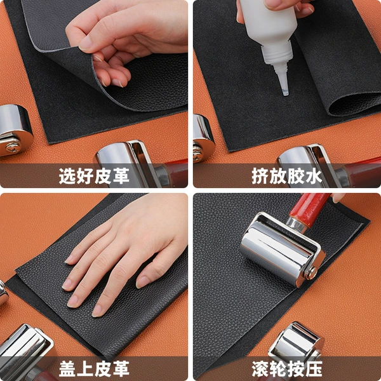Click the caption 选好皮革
tap(94, 176)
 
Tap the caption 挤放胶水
tap(287, 176)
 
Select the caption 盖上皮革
tap(94, 368)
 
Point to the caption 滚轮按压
tap(287, 368)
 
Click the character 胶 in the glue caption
tap(296, 176)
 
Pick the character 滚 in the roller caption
tap(260, 368)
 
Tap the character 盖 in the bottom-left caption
tap(67, 368)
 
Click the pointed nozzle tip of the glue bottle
tap(285, 93)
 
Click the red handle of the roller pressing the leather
tap(309, 210)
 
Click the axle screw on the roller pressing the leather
tap(312, 273)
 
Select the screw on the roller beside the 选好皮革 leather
tap(13, 147)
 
